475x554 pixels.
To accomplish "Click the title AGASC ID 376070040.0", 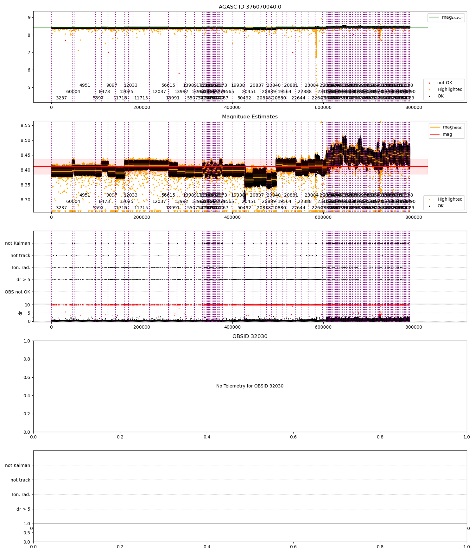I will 250,7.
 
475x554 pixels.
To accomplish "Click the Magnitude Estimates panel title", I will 250,117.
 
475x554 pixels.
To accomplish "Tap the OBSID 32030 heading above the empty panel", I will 250,337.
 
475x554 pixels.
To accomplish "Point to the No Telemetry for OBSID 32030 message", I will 250,386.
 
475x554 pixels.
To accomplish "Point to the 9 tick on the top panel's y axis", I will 29,18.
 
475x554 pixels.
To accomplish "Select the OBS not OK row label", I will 18,292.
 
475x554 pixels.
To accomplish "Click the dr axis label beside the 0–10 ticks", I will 21,313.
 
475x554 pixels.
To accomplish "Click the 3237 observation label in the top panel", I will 61,98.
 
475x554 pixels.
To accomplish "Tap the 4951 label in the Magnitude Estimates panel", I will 85,195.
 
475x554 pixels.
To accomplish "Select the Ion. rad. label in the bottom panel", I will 21,494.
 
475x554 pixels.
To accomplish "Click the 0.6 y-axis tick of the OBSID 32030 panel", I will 27,377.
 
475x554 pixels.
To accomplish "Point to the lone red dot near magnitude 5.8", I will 179,73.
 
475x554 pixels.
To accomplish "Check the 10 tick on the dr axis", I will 28,305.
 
